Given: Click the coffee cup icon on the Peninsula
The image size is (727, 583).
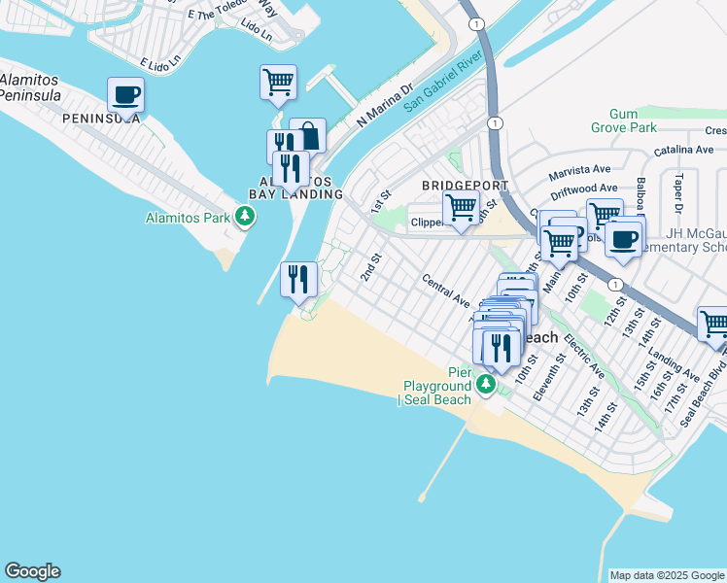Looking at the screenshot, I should pyautogui.click(x=125, y=95).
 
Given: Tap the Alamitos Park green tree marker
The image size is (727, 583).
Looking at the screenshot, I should pyautogui.click(x=246, y=217).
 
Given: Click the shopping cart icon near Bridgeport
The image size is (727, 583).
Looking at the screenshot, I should pyautogui.click(x=461, y=206).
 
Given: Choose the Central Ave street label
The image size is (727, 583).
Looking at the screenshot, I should pyautogui.click(x=446, y=290).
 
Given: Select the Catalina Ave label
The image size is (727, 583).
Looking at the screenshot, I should pyautogui.click(x=683, y=151).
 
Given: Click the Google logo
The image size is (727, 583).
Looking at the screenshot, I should pyautogui.click(x=32, y=571).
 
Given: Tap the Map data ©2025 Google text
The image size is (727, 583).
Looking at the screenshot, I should pyautogui.click(x=666, y=575).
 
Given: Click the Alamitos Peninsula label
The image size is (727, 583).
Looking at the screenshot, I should pyautogui.click(x=30, y=86).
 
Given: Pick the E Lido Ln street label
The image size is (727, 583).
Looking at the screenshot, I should pyautogui.click(x=160, y=63).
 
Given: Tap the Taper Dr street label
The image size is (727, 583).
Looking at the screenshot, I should pyautogui.click(x=678, y=193).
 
